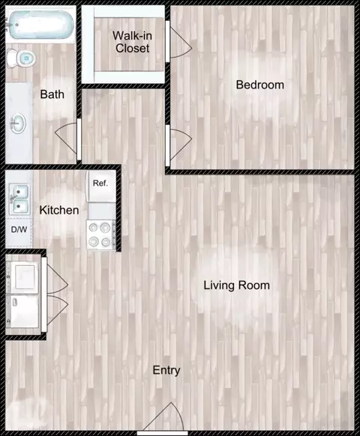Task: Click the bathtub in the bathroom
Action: pyautogui.click(x=41, y=25)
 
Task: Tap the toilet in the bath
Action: pyautogui.click(x=21, y=58)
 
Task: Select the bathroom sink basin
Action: pyautogui.click(x=18, y=123)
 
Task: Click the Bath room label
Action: pyautogui.click(x=52, y=94)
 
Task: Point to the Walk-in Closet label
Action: pyautogui.click(x=132, y=42)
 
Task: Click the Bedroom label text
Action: pyautogui.click(x=260, y=85)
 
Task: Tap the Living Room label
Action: pyautogui.click(x=237, y=285)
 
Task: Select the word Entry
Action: pyautogui.click(x=166, y=370)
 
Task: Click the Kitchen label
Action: pyautogui.click(x=59, y=210)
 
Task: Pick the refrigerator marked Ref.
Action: pyautogui.click(x=101, y=186)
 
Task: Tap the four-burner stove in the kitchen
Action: pyautogui.click(x=101, y=234)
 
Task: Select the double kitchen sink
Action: pyautogui.click(x=19, y=199)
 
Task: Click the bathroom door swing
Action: pyautogui.click(x=66, y=139)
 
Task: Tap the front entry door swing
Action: pyautogui.click(x=163, y=417)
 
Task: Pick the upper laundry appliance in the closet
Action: pyautogui.click(x=23, y=276)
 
